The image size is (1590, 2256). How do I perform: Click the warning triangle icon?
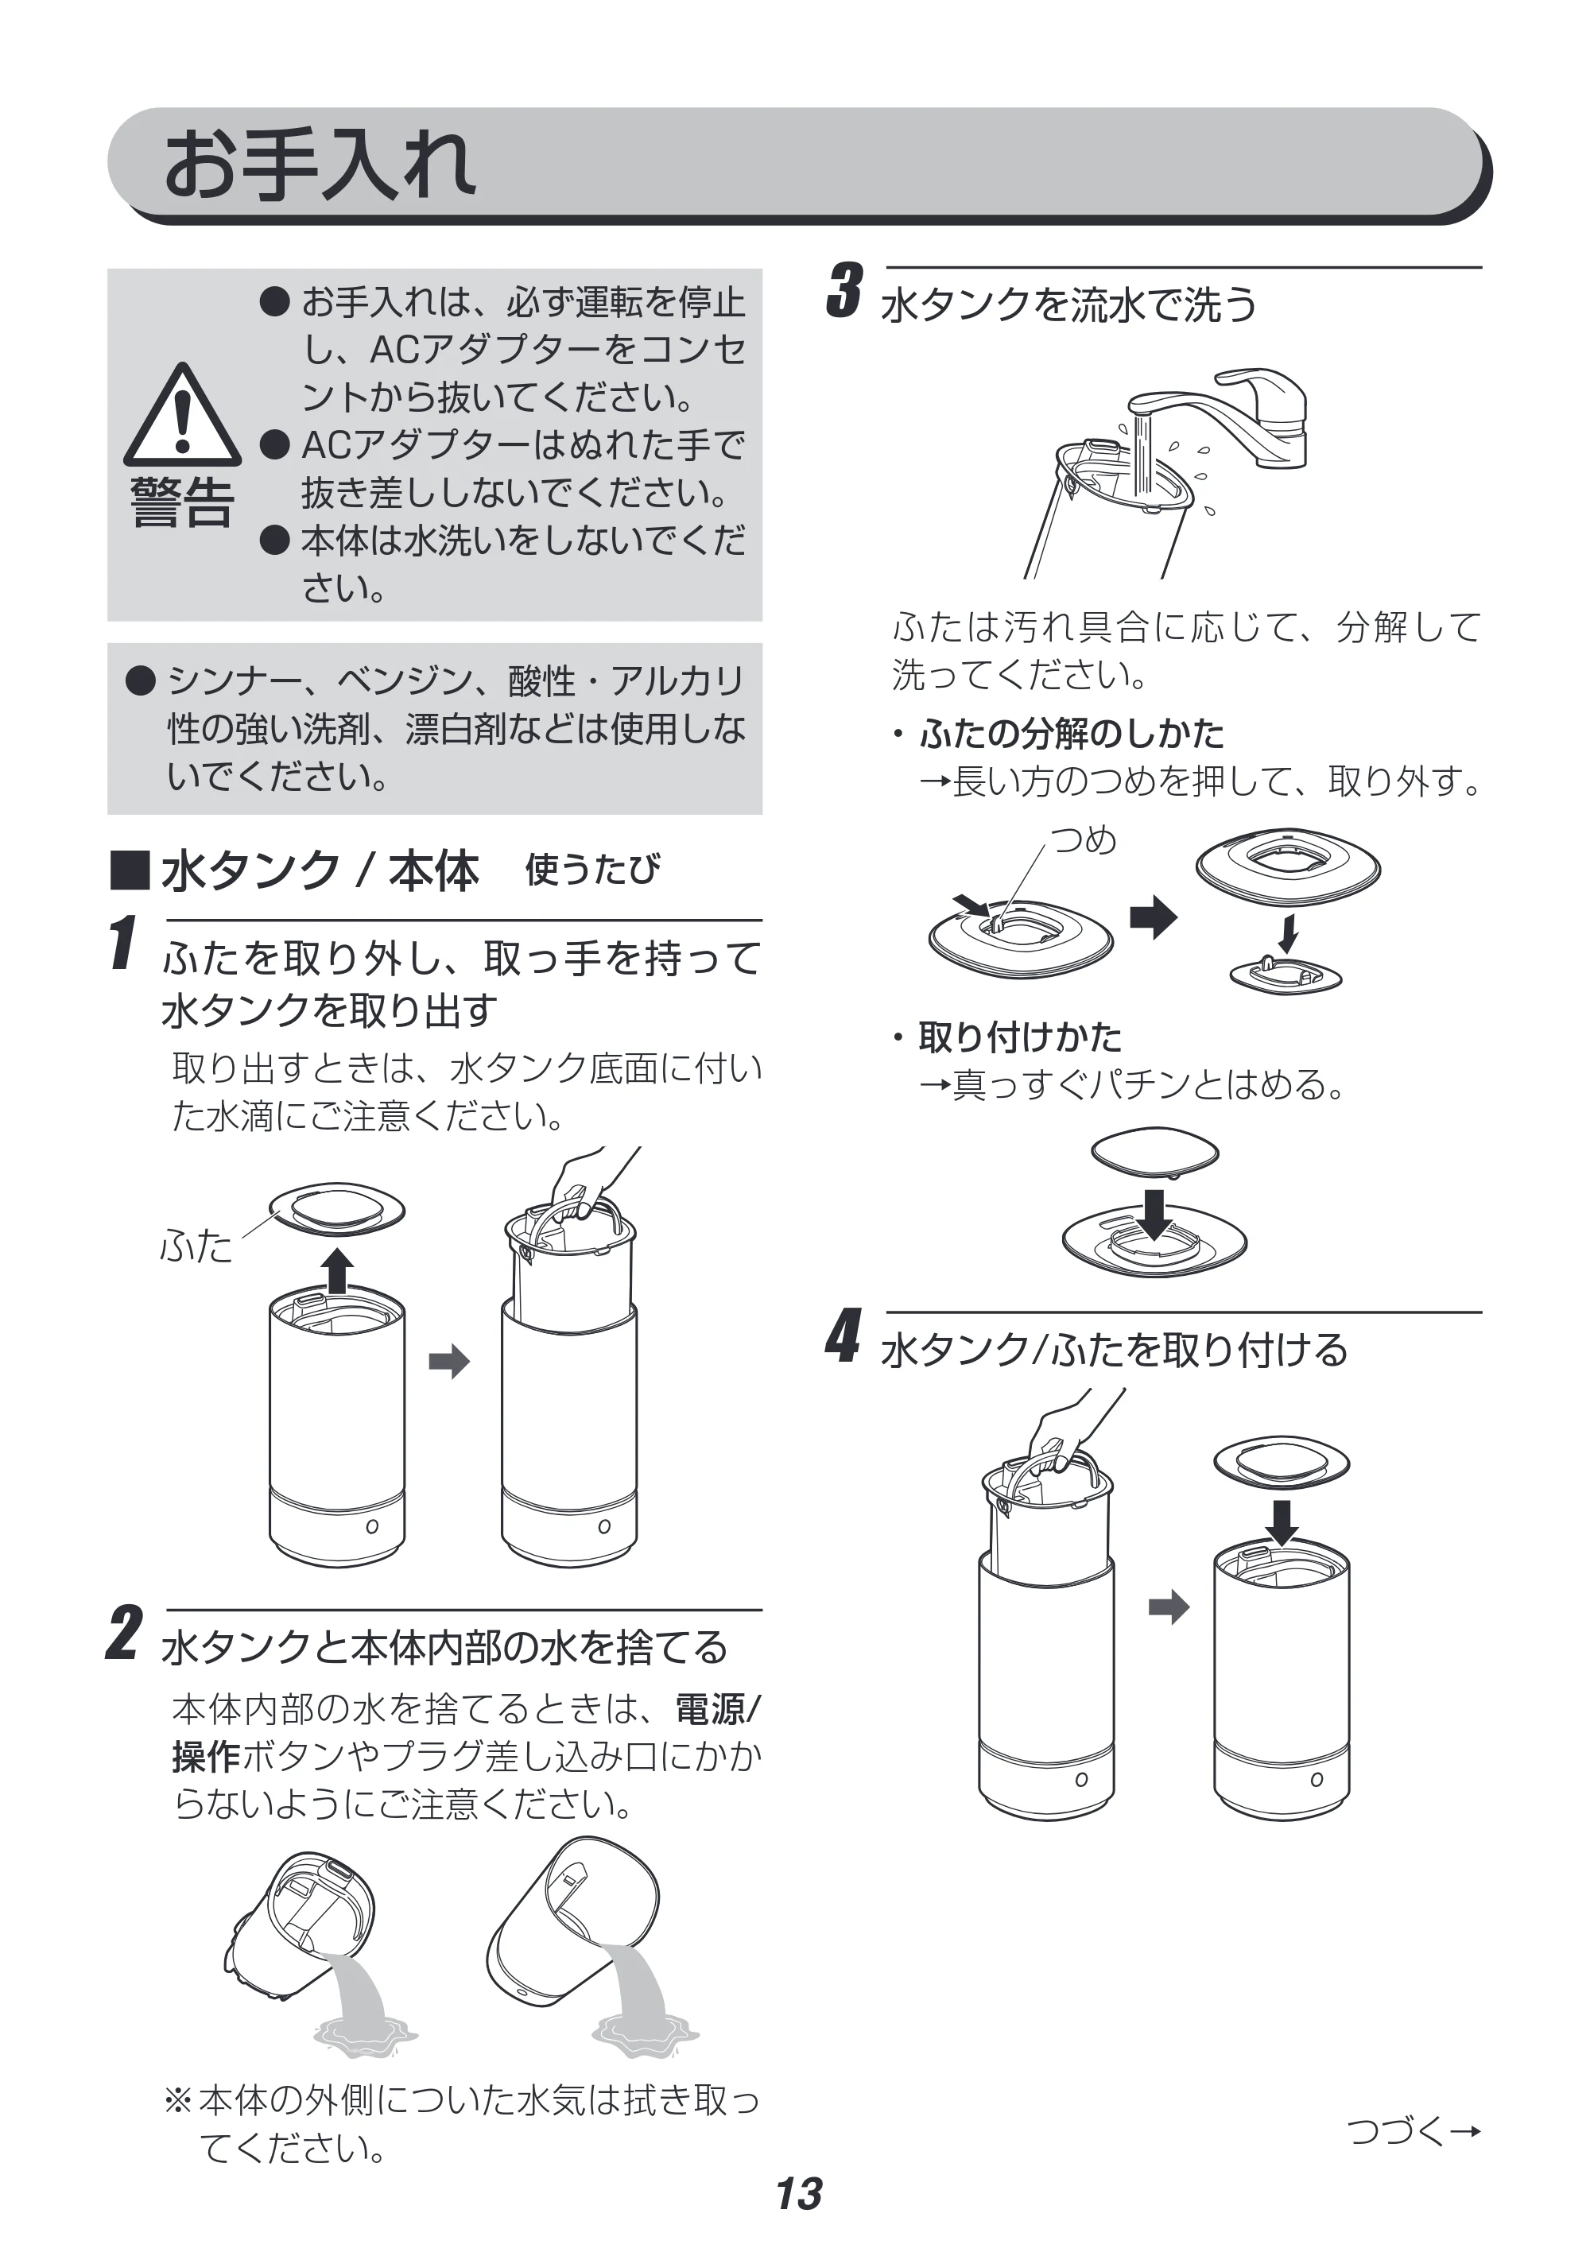click(182, 415)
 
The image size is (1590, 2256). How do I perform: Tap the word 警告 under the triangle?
click(182, 503)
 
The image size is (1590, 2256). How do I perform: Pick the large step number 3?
click(844, 290)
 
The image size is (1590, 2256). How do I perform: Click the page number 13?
click(799, 2193)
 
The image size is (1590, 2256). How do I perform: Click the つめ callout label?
click(1084, 840)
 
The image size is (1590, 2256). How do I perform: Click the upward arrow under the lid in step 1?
click(338, 1270)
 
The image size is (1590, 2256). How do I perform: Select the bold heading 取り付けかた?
click(1020, 1036)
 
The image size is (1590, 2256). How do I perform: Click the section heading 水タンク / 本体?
click(320, 870)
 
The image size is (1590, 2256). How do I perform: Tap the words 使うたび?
click(592, 870)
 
